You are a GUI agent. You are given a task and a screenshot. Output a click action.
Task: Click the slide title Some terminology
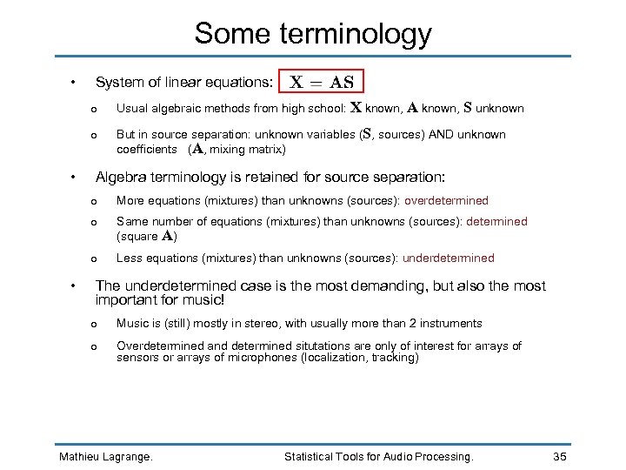coord(313,33)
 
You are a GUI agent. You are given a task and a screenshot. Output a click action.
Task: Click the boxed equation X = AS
coord(322,83)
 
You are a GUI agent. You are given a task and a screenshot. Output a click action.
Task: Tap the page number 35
coord(561,456)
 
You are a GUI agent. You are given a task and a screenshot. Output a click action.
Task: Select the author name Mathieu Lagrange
coord(105,456)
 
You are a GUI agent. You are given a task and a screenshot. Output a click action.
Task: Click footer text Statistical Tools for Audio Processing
coord(379,456)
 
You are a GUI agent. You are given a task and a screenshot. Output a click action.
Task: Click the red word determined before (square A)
coord(496,222)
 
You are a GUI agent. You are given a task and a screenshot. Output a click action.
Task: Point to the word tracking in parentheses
coord(395,358)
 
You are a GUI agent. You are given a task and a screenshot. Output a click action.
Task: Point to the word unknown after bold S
coord(500,109)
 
